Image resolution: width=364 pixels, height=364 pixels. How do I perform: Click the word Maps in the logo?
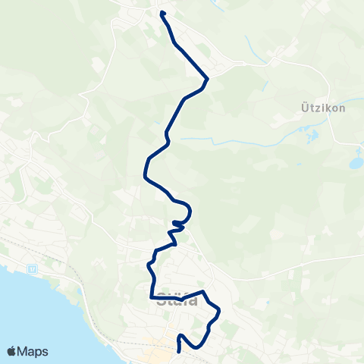tap(34, 351)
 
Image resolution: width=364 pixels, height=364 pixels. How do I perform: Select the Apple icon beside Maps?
tap(12, 351)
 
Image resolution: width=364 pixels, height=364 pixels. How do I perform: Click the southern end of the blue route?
tap(178, 350)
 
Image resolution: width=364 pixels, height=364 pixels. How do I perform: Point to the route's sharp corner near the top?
tap(208, 77)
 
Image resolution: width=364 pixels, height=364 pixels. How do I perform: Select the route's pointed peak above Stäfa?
tap(203, 290)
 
